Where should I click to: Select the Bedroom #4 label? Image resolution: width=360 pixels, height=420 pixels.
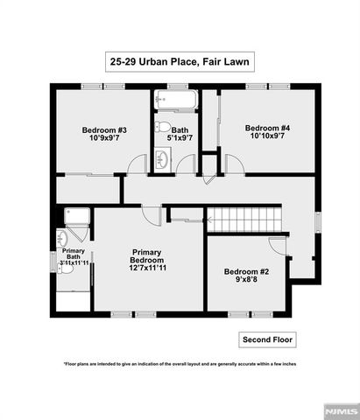(268, 128)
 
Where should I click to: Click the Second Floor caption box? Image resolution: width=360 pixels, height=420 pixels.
(268, 339)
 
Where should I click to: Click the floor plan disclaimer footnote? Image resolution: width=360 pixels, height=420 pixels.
(180, 363)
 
